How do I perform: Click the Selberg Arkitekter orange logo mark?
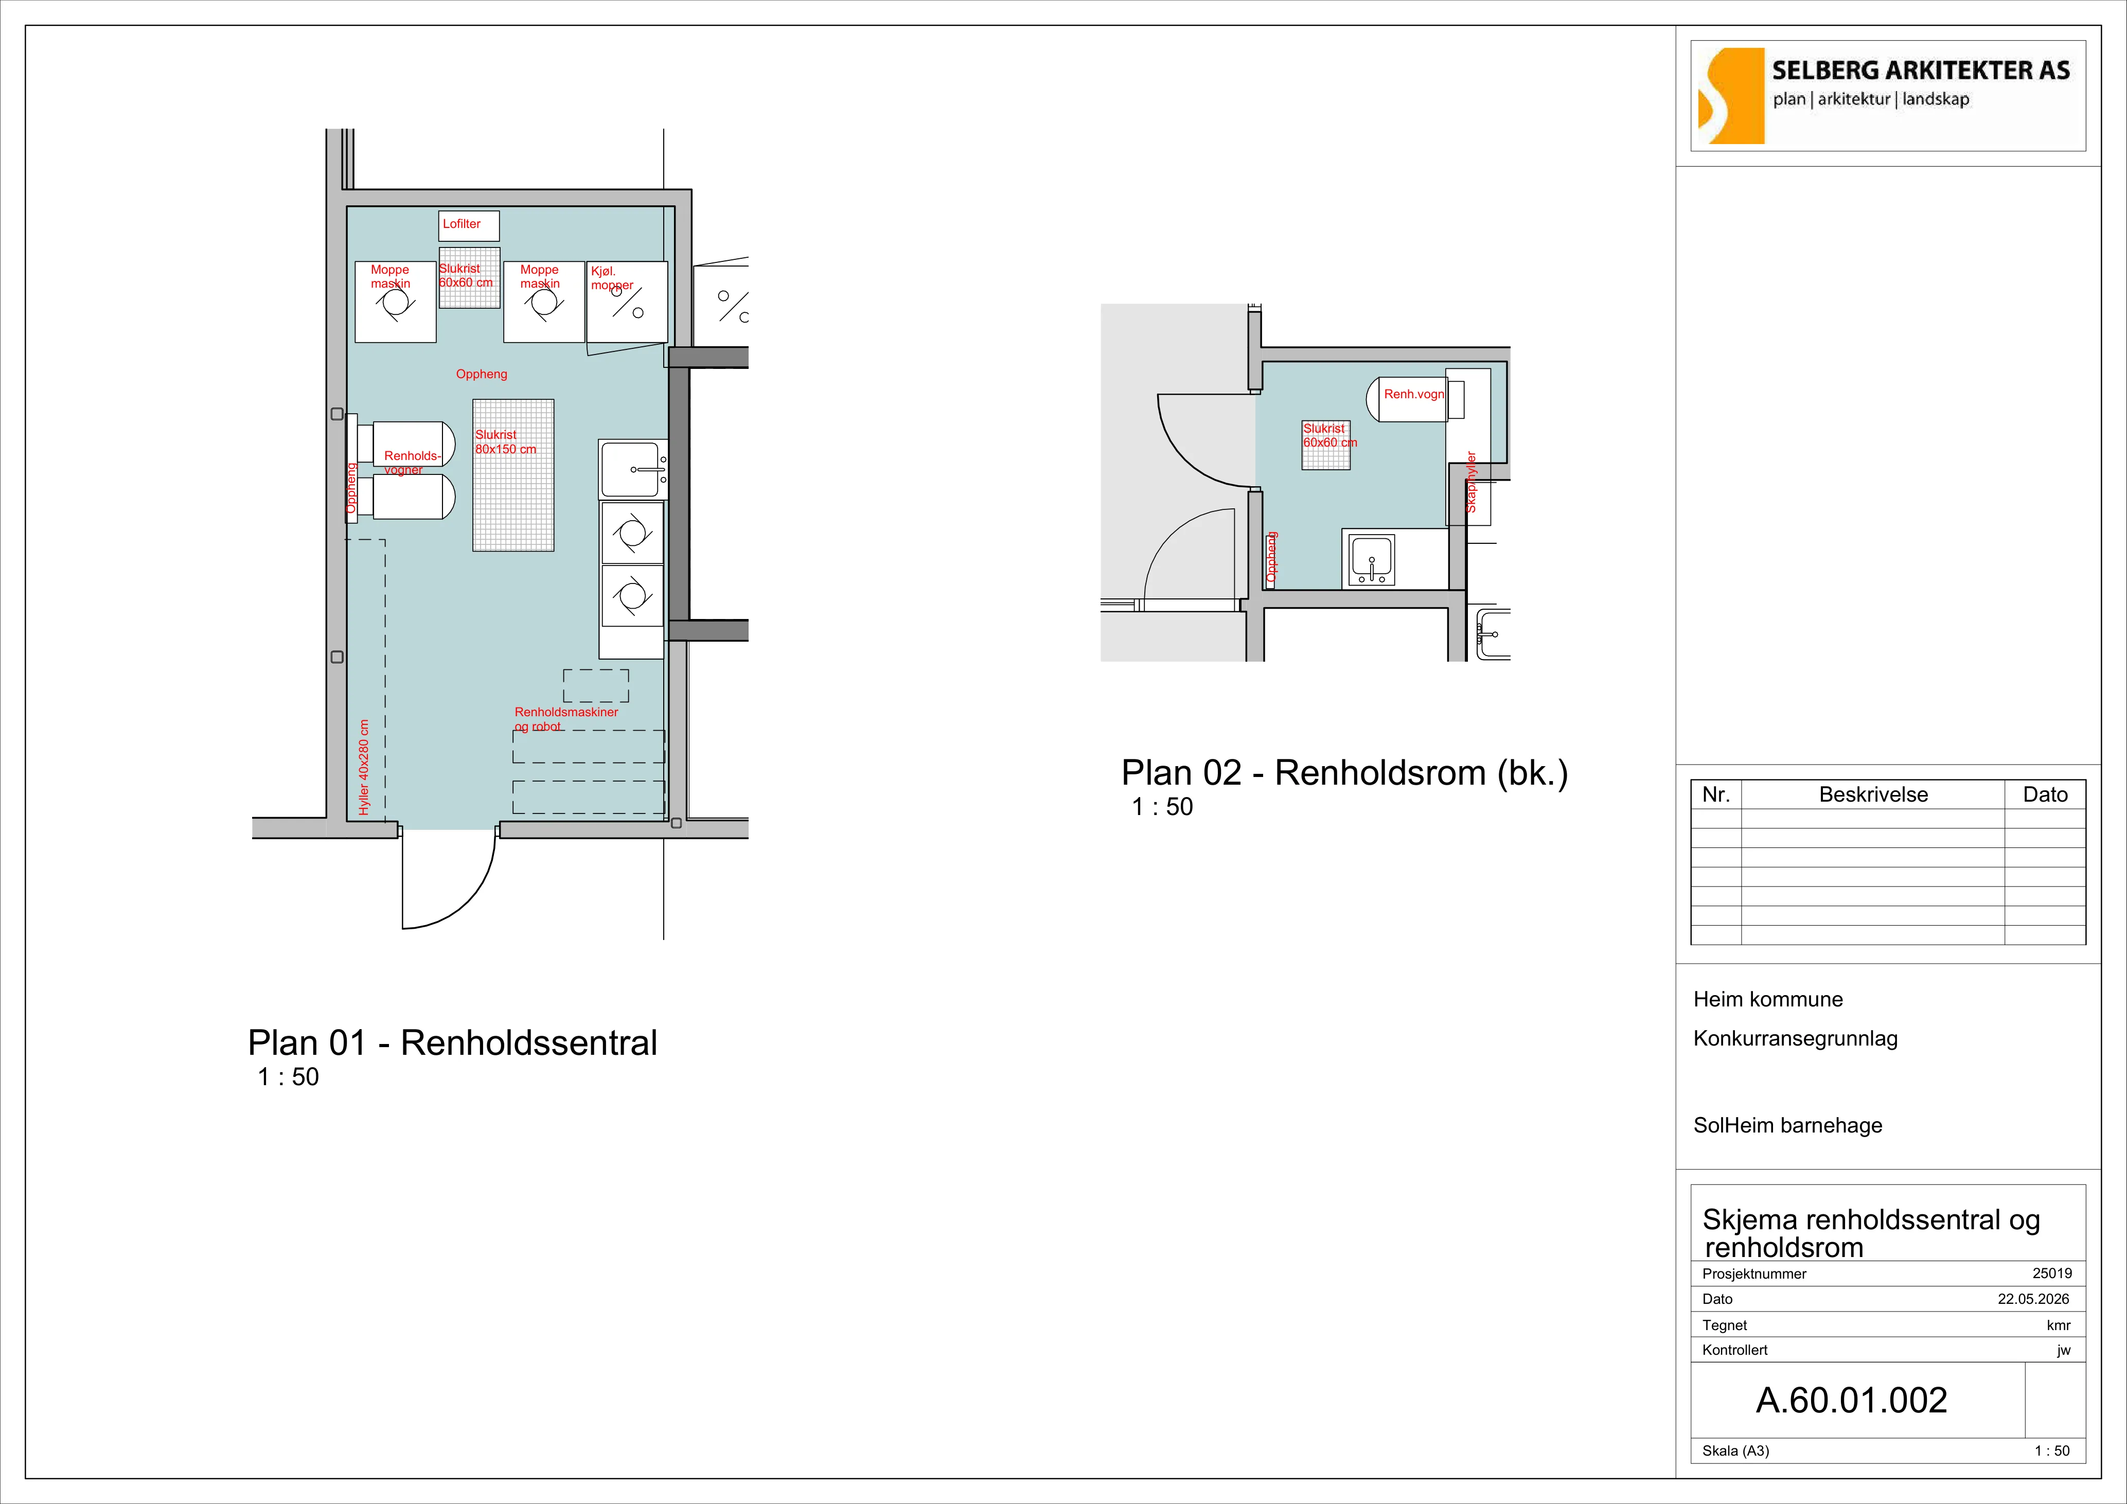pyautogui.click(x=1730, y=96)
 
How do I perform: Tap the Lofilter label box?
pyautogui.click(x=469, y=225)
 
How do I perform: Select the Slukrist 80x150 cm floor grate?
pyautogui.click(x=513, y=475)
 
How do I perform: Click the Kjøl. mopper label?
pyautogui.click(x=611, y=278)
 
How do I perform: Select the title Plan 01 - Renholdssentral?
pyautogui.click(x=452, y=1042)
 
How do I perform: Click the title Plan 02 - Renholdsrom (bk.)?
pyautogui.click(x=1344, y=773)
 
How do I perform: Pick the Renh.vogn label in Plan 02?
pyautogui.click(x=1414, y=394)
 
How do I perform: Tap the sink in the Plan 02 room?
pyautogui.click(x=1371, y=560)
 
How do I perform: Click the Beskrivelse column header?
pyautogui.click(x=1873, y=794)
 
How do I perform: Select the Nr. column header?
pyautogui.click(x=1716, y=794)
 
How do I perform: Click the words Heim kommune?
pyautogui.click(x=1767, y=999)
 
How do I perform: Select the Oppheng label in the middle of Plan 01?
pyautogui.click(x=482, y=375)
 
